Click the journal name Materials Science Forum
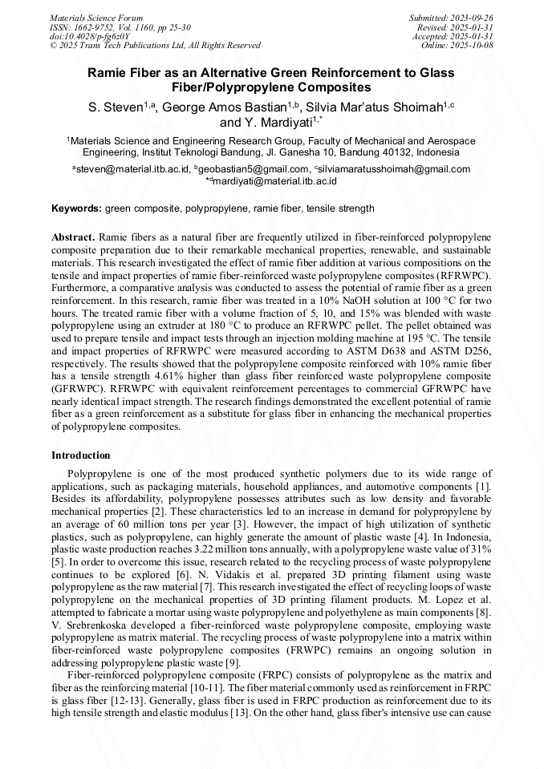tap(96, 18)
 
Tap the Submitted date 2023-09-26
tap(471, 18)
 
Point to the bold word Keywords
tap(76, 208)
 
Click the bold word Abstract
tap(73, 238)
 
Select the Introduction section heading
tap(80, 455)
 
